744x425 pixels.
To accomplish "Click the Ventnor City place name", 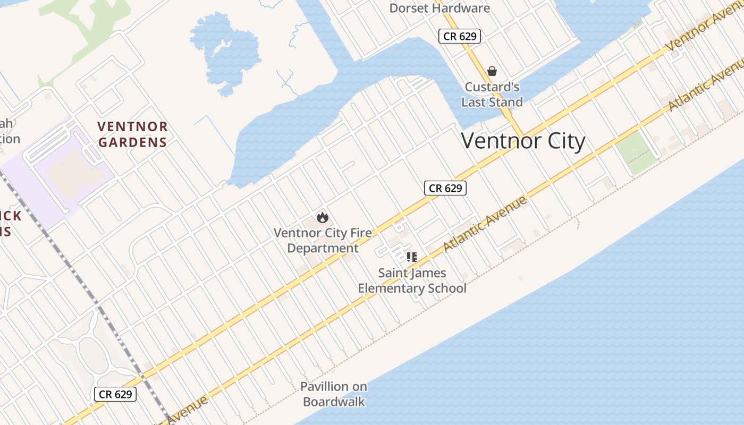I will click(x=523, y=141).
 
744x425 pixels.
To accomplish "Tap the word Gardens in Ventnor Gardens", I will click(x=132, y=142).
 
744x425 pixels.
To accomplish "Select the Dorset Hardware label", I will click(x=439, y=8).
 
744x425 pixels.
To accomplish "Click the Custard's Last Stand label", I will click(x=492, y=95).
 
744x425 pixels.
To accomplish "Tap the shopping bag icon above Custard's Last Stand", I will click(x=492, y=71).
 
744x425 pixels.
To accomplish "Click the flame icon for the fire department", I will click(x=322, y=217).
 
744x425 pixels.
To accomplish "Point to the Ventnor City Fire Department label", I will click(x=323, y=240).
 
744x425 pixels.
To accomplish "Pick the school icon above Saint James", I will click(x=411, y=257).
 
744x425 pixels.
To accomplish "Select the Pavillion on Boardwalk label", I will click(x=334, y=394).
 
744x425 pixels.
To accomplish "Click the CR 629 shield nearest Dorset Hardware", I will click(x=460, y=36).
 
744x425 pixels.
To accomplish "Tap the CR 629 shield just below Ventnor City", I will click(x=445, y=188).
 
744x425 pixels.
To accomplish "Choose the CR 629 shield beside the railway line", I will click(x=115, y=394).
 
